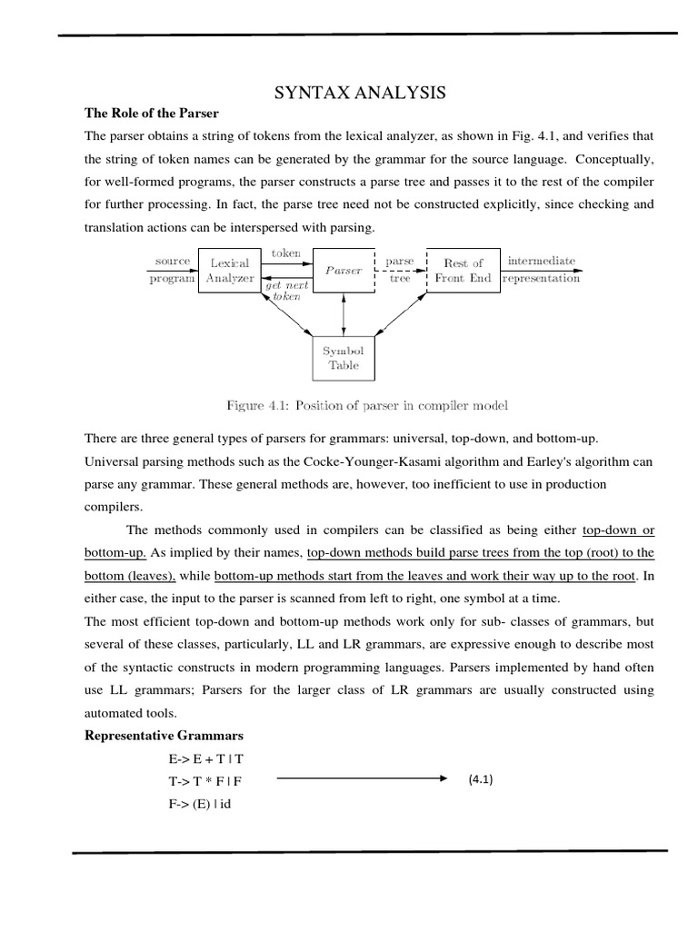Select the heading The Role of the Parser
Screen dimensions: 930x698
tap(152, 114)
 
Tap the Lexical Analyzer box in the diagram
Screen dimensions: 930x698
tap(229, 271)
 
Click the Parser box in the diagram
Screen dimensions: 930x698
tap(344, 270)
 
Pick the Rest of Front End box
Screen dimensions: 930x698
tap(464, 271)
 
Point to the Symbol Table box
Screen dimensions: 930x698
tap(344, 358)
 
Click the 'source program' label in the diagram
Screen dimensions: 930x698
tap(172, 270)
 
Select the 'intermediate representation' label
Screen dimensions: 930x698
tap(542, 270)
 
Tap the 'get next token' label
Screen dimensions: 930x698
tap(287, 291)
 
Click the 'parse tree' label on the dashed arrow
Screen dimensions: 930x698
tap(400, 270)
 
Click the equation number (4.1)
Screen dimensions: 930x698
tap(481, 779)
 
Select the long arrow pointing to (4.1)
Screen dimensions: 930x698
tap(362, 778)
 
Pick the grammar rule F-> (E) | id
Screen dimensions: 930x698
tap(198, 805)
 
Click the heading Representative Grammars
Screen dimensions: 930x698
tap(164, 735)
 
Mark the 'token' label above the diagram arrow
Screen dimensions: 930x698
tap(285, 253)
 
